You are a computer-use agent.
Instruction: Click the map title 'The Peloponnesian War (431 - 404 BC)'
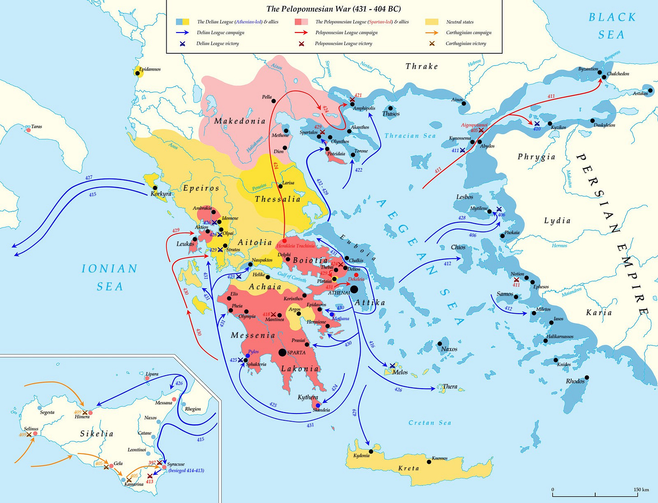[334, 9]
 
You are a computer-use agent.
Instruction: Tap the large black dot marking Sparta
[282, 353]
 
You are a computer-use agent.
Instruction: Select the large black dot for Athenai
[354, 289]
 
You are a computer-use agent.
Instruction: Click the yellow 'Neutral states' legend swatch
[432, 22]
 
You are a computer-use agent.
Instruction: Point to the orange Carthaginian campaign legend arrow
[432, 33]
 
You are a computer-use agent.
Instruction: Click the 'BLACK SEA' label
[612, 26]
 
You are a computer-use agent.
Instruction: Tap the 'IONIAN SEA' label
[109, 277]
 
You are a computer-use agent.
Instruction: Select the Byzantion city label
[588, 69]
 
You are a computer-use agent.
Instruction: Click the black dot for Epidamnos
[138, 73]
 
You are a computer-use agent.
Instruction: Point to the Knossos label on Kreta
[439, 458]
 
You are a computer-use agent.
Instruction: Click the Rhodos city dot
[587, 377]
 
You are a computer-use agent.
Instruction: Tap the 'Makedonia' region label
[240, 121]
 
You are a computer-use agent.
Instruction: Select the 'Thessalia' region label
[277, 199]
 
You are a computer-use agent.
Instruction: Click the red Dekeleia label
[356, 279]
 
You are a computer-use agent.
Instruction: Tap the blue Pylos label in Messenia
[253, 352]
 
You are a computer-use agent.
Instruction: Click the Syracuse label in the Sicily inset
[176, 464]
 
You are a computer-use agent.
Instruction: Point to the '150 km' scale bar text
[641, 490]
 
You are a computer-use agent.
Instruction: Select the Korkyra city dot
[155, 188]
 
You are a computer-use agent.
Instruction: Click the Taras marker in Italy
[28, 130]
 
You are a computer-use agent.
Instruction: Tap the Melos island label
[400, 372]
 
